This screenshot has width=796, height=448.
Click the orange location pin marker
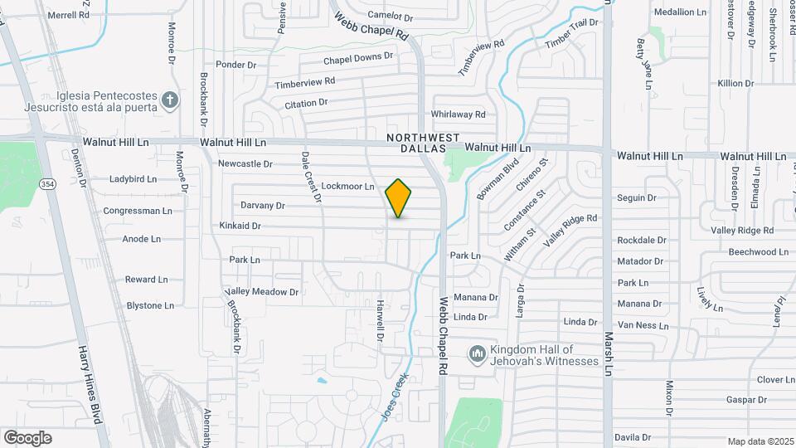click(x=399, y=197)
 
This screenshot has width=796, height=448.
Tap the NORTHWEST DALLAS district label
click(x=423, y=142)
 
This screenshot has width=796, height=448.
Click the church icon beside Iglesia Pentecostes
click(x=170, y=100)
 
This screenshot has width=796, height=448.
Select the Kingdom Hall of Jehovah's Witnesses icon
click(x=477, y=355)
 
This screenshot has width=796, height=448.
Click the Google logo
click(x=27, y=437)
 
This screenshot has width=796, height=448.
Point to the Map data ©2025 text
click(x=760, y=441)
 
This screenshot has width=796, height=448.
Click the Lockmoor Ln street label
click(x=347, y=187)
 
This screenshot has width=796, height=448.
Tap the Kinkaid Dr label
click(x=240, y=226)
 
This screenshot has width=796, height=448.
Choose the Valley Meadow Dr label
click(x=262, y=292)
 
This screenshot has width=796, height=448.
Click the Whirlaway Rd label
click(x=458, y=114)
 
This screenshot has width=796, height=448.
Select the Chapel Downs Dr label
click(x=358, y=58)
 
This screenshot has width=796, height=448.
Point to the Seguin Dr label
click(x=637, y=197)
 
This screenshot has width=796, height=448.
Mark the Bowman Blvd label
click(x=498, y=179)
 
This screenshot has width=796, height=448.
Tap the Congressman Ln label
click(x=138, y=211)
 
